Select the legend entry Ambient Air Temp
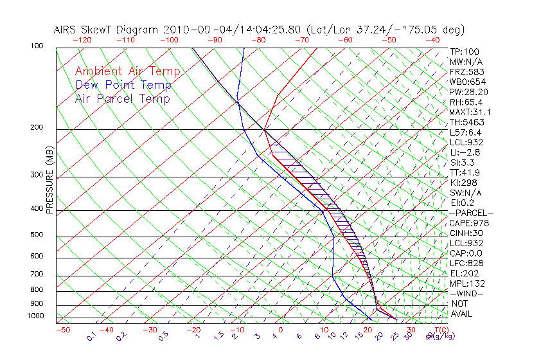pyautogui.click(x=127, y=71)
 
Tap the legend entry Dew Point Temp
pyautogui.click(x=123, y=85)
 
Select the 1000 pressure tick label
pyautogui.click(x=37, y=316)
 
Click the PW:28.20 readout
pyautogui.click(x=467, y=92)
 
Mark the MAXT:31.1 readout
pyautogui.click(x=468, y=112)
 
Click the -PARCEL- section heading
pyautogui.click(x=471, y=213)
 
